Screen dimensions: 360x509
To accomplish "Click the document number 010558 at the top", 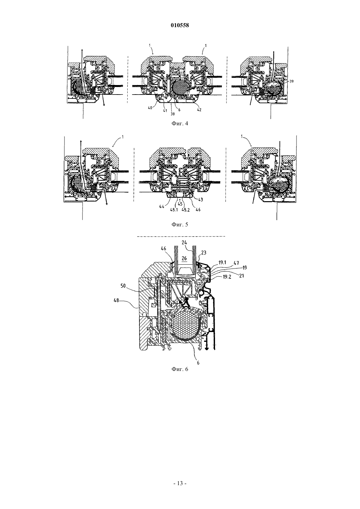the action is click(180, 26).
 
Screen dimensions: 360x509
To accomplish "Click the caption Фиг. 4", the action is click(180, 124).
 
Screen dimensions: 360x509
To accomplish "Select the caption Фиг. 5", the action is click(180, 224).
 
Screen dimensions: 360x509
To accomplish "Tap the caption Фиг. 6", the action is click(180, 369).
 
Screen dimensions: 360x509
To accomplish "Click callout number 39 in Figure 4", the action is click(291, 81).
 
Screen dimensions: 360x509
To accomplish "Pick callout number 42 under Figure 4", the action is click(199, 110).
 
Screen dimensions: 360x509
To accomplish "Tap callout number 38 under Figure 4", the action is click(172, 114).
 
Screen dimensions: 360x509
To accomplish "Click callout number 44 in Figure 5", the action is click(162, 207).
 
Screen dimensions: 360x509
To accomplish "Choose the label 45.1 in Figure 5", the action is click(174, 210).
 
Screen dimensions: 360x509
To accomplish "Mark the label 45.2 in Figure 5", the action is click(186, 210).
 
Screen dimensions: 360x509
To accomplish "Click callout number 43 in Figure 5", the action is click(200, 200).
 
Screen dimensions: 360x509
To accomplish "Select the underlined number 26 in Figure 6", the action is click(184, 258).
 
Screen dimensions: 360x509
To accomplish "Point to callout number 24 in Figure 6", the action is click(184, 242).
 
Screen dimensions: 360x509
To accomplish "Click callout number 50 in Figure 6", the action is click(123, 286).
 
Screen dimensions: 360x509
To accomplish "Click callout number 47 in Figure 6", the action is click(236, 263).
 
